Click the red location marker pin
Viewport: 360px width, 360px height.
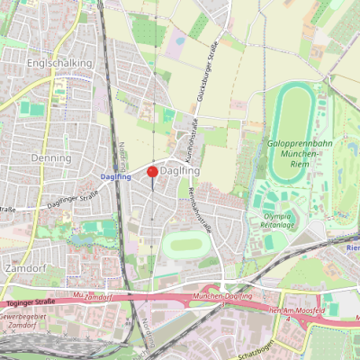coord(152,171)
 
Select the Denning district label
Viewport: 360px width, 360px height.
coord(51,157)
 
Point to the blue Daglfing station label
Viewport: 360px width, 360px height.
coord(117,177)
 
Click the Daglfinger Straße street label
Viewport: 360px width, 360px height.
coord(72,197)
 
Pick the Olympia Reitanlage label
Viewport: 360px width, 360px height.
coord(280,220)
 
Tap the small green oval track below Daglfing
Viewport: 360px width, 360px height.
coord(186,244)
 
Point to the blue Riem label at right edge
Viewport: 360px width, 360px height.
coord(353,246)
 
